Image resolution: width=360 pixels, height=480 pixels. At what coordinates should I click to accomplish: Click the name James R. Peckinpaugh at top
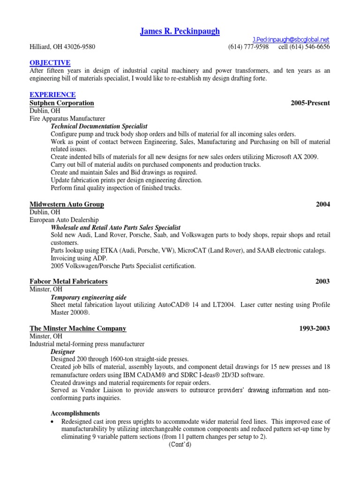coord(180,31)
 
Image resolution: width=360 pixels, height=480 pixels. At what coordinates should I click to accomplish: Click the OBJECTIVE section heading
coord(50,62)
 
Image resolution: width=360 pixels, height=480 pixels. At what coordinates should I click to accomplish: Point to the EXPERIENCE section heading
coord(52,95)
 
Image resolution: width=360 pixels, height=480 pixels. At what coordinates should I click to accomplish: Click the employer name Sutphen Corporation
coord(62,103)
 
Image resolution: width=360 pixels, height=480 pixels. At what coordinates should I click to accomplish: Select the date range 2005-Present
coord(310,103)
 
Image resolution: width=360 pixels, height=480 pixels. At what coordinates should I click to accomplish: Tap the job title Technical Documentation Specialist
coord(99,126)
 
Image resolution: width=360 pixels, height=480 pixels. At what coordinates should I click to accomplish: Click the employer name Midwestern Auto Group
coord(67,204)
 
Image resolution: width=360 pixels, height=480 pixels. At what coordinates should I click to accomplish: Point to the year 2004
coord(322,204)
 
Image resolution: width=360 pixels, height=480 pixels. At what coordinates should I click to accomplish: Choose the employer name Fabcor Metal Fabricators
coord(68,281)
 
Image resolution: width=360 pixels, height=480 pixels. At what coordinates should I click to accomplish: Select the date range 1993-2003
coord(314,328)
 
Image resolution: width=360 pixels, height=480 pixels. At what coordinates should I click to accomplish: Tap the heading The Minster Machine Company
coord(78,328)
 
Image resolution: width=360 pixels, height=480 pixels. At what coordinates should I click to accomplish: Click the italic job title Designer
coord(63,351)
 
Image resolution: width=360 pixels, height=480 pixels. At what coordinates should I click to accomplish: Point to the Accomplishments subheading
coord(75,413)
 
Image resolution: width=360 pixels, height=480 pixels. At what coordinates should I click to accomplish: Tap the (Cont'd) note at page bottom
coord(180,445)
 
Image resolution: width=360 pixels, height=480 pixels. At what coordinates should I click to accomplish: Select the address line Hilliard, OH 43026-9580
coord(63,47)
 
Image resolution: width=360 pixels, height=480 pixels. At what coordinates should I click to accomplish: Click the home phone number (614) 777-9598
coord(248,47)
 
